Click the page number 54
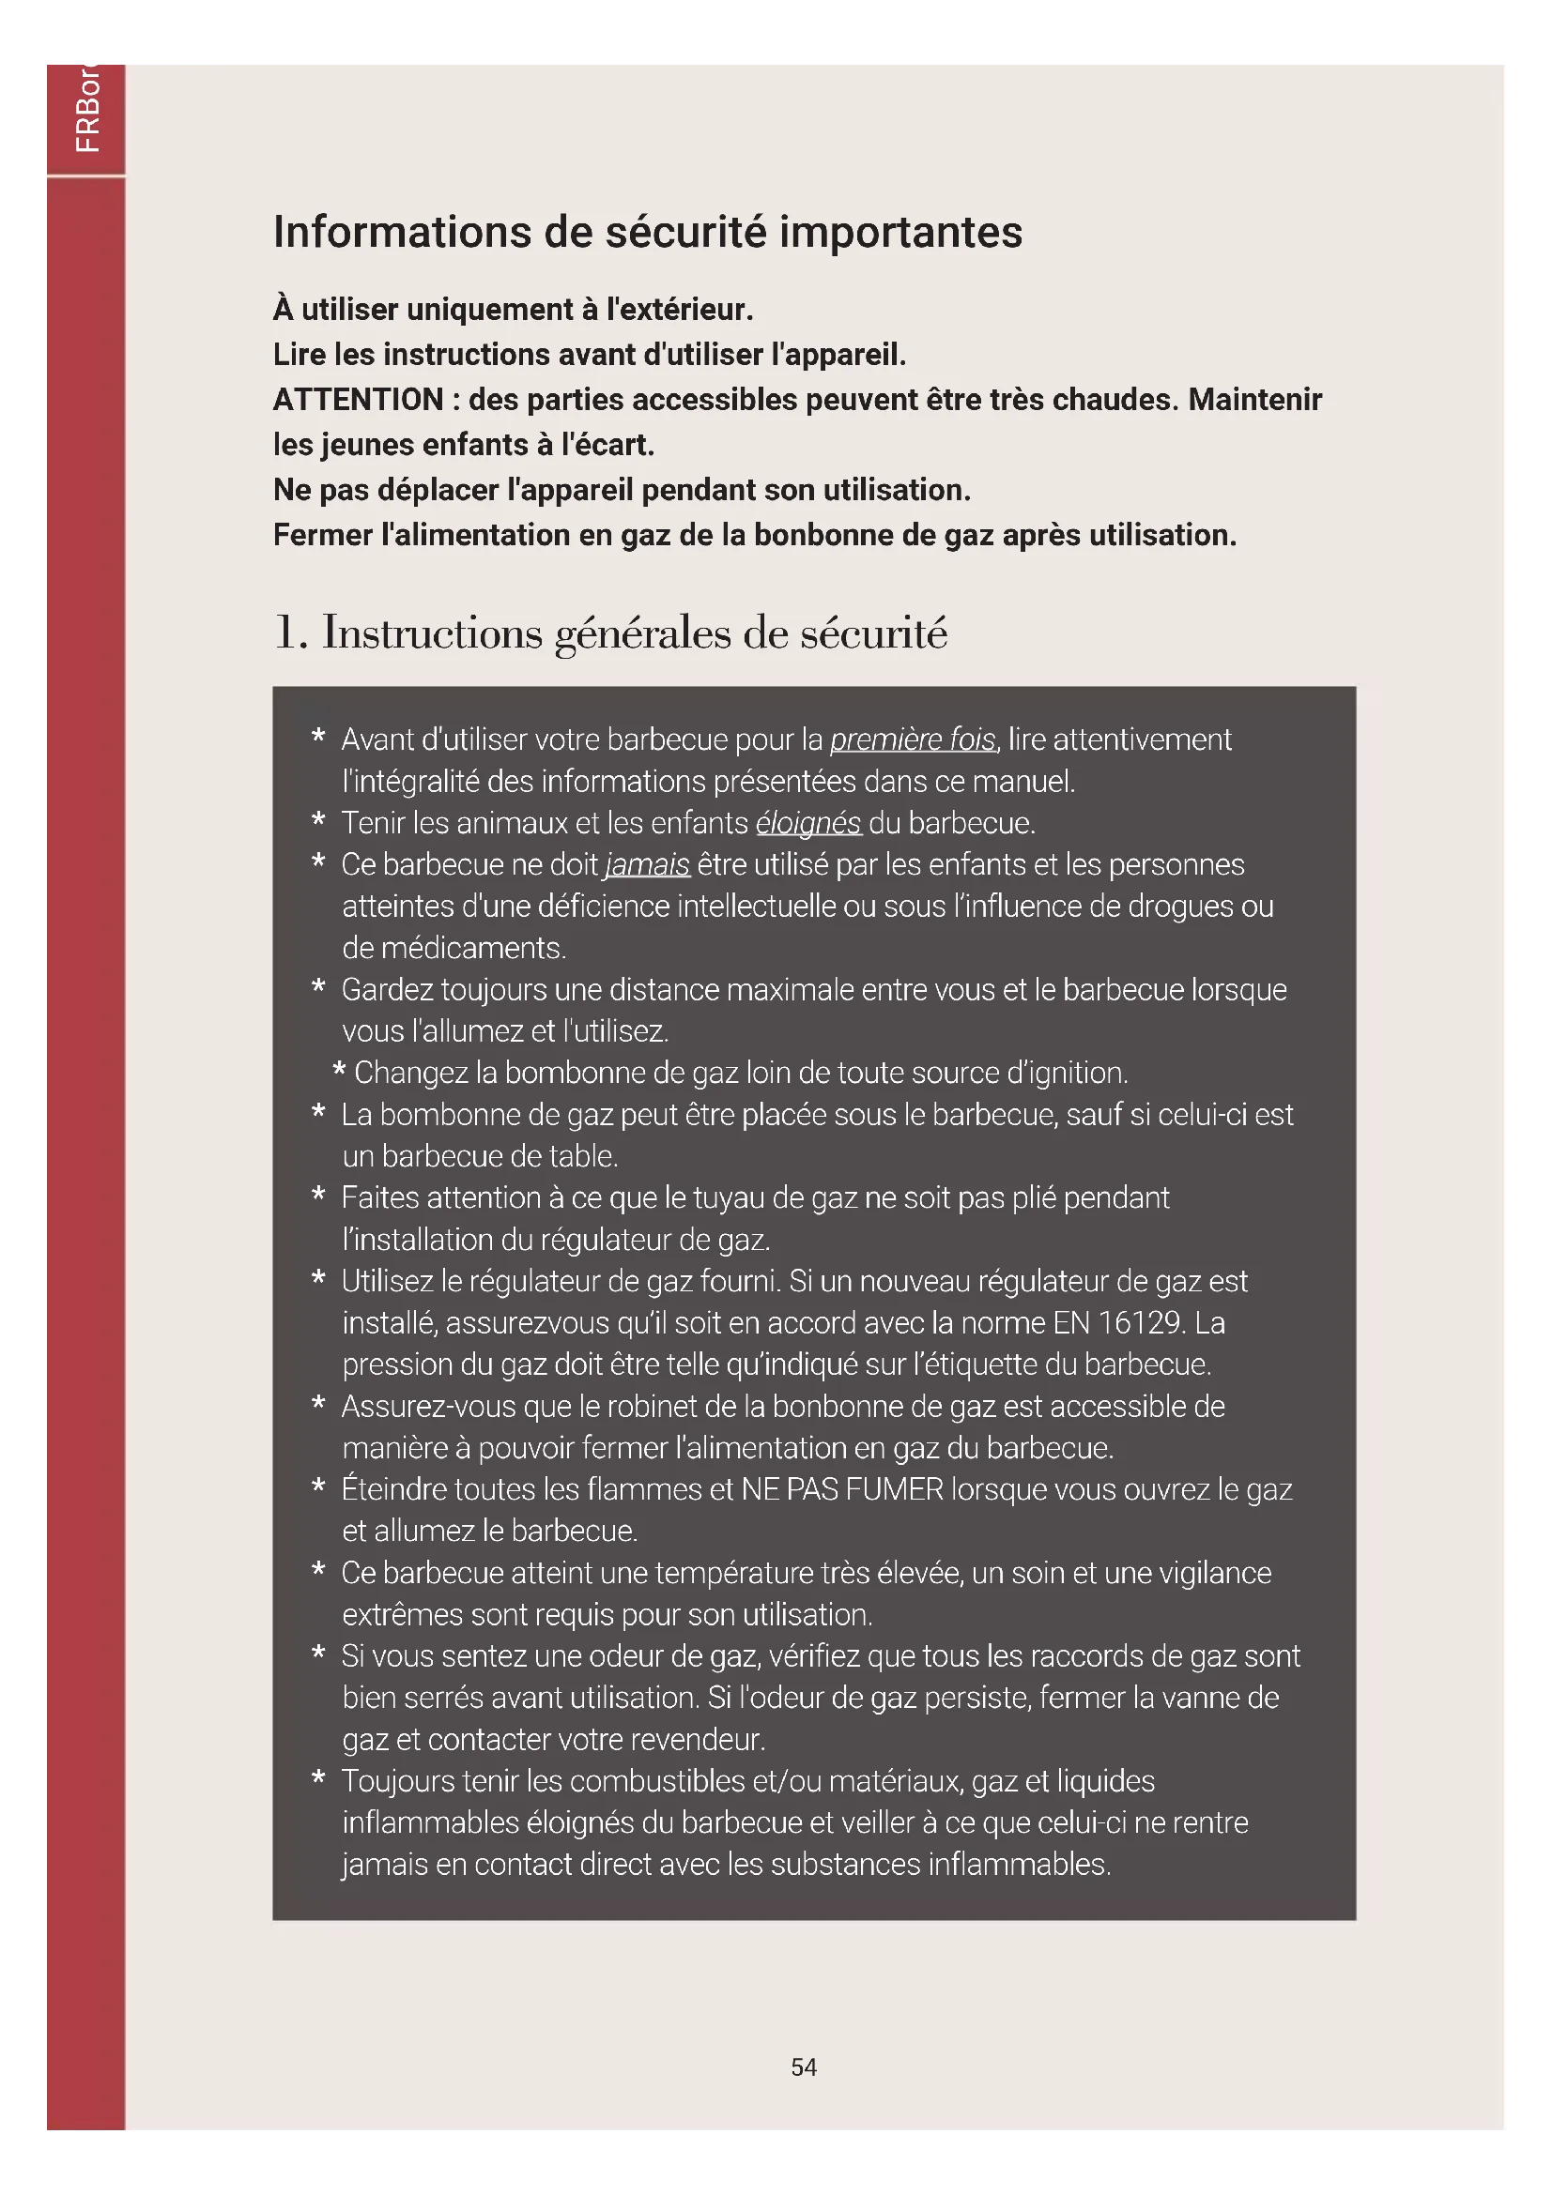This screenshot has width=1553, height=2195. point(804,2066)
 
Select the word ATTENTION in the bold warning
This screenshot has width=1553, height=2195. point(358,400)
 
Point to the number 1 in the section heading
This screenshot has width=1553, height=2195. point(285,633)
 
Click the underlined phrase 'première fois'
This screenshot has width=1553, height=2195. point(913,739)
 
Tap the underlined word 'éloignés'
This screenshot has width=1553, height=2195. point(808,823)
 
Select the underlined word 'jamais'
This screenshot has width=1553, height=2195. point(648,865)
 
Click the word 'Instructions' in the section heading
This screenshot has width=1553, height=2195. point(432,633)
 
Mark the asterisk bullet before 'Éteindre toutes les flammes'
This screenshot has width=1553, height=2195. point(318,1488)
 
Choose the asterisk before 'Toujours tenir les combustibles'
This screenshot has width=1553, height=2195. point(318,1780)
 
